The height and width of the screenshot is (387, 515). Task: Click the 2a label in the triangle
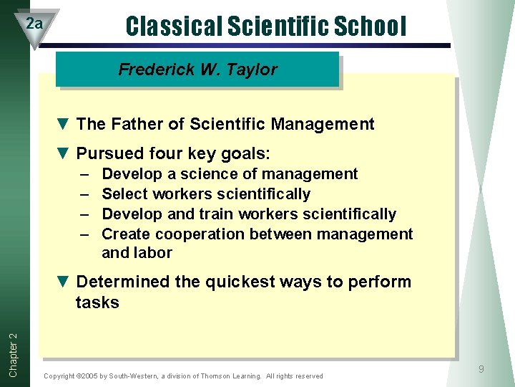(34, 24)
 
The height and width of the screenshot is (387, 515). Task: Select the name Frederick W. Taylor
(197, 70)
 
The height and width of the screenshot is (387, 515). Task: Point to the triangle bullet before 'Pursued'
(62, 153)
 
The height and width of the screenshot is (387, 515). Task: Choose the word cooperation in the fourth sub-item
(196, 234)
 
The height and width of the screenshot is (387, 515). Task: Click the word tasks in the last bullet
(97, 302)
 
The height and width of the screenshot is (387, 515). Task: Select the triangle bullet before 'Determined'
(62, 282)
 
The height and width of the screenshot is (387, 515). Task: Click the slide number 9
(481, 369)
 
